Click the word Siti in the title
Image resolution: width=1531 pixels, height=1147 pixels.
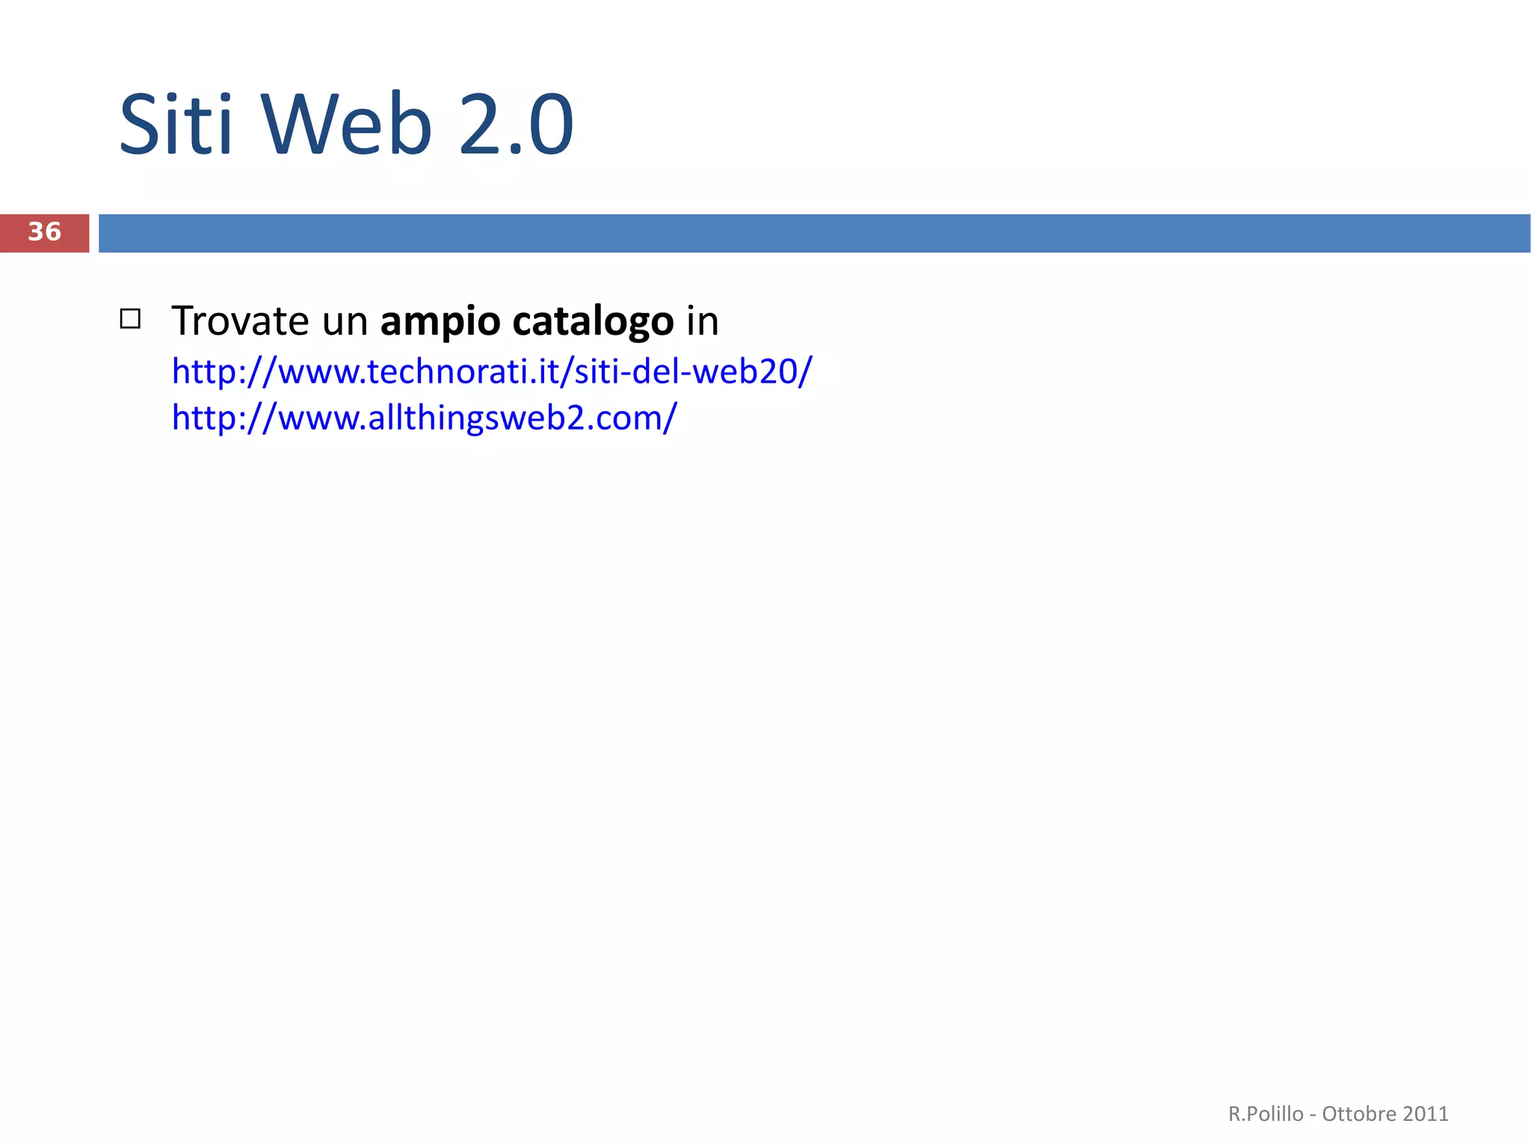176,124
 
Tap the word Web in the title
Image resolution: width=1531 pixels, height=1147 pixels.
347,124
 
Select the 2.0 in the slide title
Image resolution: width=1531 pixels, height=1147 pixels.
516,124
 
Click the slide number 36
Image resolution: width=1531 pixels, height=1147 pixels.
44,232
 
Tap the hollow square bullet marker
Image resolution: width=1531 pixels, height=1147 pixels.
130,319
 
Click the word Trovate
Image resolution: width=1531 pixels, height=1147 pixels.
240,321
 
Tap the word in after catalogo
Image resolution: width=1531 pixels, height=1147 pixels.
703,321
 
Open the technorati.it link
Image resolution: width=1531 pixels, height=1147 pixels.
491,371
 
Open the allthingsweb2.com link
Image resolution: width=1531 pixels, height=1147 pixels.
424,417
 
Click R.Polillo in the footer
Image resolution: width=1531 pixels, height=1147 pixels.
1266,1114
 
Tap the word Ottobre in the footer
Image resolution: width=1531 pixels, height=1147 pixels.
1359,1114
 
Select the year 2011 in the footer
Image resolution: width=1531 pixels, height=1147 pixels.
1426,1114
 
